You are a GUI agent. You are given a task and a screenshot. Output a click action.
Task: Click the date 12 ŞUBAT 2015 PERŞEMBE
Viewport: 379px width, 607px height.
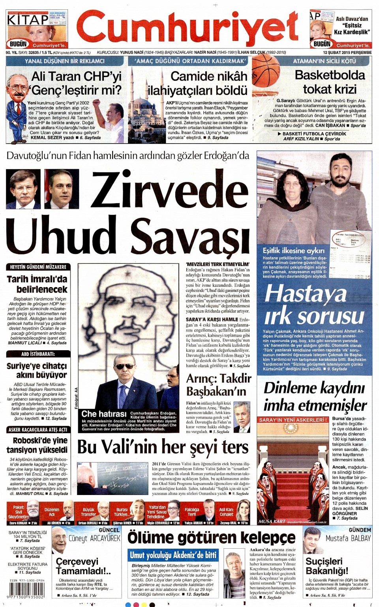click(347, 52)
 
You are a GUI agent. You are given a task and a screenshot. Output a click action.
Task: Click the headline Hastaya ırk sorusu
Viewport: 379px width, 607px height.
click(314, 305)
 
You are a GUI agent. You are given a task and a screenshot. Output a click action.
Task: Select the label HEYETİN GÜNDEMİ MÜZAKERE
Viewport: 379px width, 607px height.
click(38, 267)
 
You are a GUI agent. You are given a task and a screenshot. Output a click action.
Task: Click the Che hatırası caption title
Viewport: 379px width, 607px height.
click(103, 413)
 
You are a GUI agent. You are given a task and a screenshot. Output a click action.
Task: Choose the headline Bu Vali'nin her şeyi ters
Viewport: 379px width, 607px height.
click(163, 447)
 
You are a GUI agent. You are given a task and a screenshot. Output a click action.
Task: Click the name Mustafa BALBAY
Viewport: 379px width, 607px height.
click(348, 538)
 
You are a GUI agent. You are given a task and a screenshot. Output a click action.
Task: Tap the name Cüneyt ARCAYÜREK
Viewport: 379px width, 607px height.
click(94, 538)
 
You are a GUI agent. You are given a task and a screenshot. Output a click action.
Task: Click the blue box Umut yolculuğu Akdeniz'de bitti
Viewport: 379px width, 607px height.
click(173, 555)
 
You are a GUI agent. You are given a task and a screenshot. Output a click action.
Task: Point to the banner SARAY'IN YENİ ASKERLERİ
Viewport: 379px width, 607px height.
click(293, 420)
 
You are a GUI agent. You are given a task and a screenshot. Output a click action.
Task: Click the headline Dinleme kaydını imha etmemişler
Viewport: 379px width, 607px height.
click(315, 396)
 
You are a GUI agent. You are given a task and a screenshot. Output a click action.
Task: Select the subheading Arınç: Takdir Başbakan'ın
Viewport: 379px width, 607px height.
click(218, 385)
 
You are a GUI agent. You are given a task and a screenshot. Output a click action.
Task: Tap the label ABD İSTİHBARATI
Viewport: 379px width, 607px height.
click(38, 354)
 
